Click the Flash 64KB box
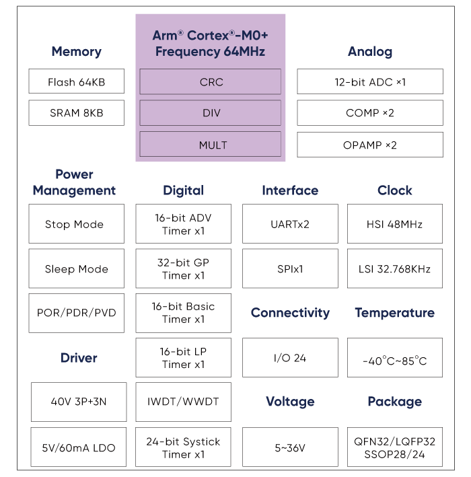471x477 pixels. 77,81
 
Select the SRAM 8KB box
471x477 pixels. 77,112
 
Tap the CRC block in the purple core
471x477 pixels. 210,81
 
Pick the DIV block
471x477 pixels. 210,112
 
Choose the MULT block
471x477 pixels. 210,144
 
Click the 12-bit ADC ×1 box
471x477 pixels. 370,81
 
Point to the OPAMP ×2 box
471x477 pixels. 370,145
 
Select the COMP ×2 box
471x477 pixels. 370,112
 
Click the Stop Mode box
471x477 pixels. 77,223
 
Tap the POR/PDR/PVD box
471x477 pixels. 77,313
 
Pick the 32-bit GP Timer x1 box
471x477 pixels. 184,268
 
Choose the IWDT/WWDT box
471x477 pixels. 184,402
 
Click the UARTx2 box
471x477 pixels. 290,223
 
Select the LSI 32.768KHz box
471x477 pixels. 395,268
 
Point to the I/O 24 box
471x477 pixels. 290,357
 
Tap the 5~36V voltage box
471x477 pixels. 290,447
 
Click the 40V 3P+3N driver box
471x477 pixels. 79,402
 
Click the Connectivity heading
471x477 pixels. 290,313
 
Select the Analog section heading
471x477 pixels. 370,52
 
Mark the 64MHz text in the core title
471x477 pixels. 244,51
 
